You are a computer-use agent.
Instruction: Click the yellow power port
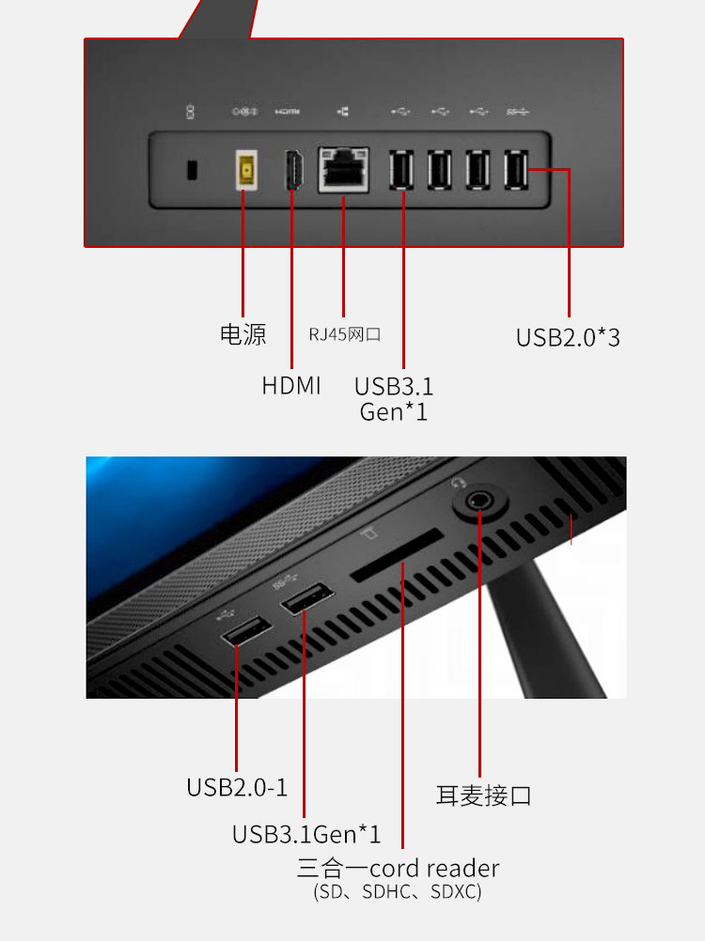pyautogui.click(x=246, y=170)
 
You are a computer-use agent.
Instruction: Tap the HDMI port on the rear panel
pyautogui.click(x=293, y=170)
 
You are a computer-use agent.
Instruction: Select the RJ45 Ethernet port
pyautogui.click(x=343, y=170)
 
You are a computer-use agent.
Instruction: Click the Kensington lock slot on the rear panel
pyautogui.click(x=192, y=170)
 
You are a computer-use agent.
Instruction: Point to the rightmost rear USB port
pyautogui.click(x=516, y=170)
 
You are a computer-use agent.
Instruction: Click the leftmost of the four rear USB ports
pyautogui.click(x=401, y=170)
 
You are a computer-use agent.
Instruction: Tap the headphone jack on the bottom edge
pyautogui.click(x=479, y=501)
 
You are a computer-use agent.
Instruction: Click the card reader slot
pyautogui.click(x=397, y=555)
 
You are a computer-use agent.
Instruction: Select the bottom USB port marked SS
pyautogui.click(x=306, y=597)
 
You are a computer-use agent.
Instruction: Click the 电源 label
pyautogui.click(x=243, y=334)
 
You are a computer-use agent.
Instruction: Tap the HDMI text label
pyautogui.click(x=291, y=385)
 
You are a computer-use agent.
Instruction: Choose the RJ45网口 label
pyautogui.click(x=345, y=334)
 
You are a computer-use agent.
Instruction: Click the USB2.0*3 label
pyautogui.click(x=568, y=337)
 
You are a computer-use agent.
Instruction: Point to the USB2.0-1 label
pyautogui.click(x=237, y=787)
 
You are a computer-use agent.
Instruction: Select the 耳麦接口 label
pyautogui.click(x=483, y=795)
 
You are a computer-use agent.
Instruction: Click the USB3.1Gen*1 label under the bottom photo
pyautogui.click(x=306, y=834)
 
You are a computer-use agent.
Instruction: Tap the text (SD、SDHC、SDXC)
pyautogui.click(x=398, y=892)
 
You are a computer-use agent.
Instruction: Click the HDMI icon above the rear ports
pyautogui.click(x=287, y=112)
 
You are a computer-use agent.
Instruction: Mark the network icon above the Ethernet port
pyautogui.click(x=343, y=112)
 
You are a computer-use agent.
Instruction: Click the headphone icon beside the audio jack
pyautogui.click(x=458, y=483)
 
